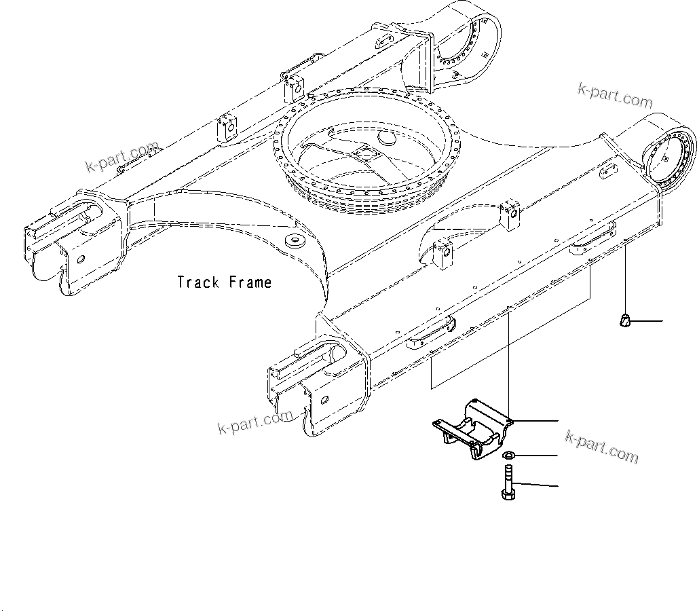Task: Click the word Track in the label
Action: pos(199,282)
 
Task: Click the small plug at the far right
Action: pos(625,320)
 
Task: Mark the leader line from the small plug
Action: pos(648,320)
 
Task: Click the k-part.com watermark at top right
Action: pos(614,96)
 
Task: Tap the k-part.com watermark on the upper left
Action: pos(122,158)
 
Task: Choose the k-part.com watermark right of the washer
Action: pos(602,448)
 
